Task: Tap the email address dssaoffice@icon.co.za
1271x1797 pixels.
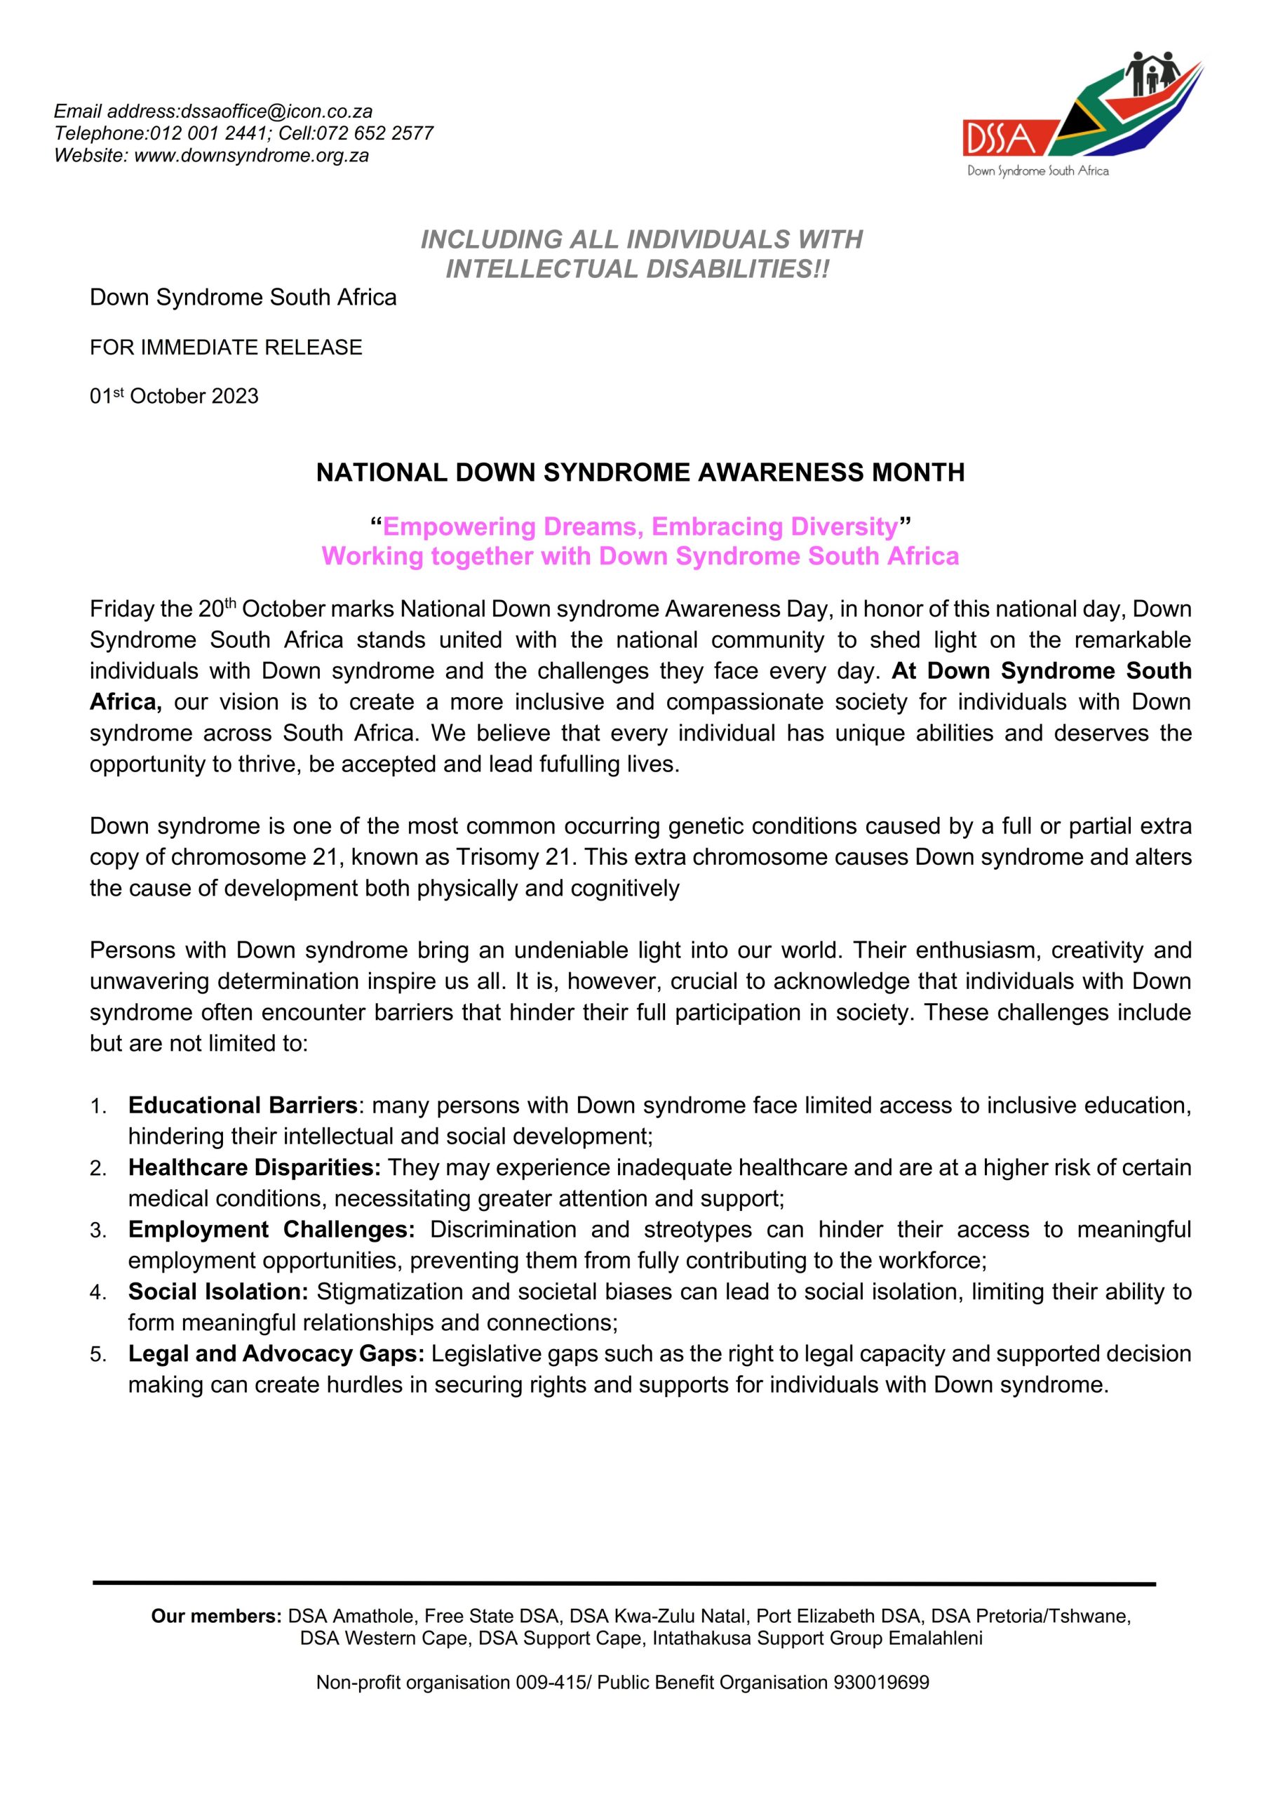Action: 276,111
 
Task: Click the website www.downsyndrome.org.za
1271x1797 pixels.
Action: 251,155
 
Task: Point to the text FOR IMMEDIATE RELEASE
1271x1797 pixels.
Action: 226,347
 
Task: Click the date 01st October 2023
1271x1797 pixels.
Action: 174,396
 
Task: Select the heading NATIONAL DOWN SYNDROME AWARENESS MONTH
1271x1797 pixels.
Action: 640,472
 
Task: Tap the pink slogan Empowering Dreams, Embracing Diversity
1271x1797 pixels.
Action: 640,526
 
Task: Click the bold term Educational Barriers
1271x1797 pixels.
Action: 243,1105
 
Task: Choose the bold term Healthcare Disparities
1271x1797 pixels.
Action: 255,1167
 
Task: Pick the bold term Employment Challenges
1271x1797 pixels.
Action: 271,1228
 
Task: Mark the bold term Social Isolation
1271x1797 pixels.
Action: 218,1290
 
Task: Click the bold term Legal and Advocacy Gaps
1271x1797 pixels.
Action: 276,1353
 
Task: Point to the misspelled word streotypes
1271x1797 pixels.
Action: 697,1229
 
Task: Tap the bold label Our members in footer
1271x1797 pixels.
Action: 216,1615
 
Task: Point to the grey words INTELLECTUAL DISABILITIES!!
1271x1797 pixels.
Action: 637,269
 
